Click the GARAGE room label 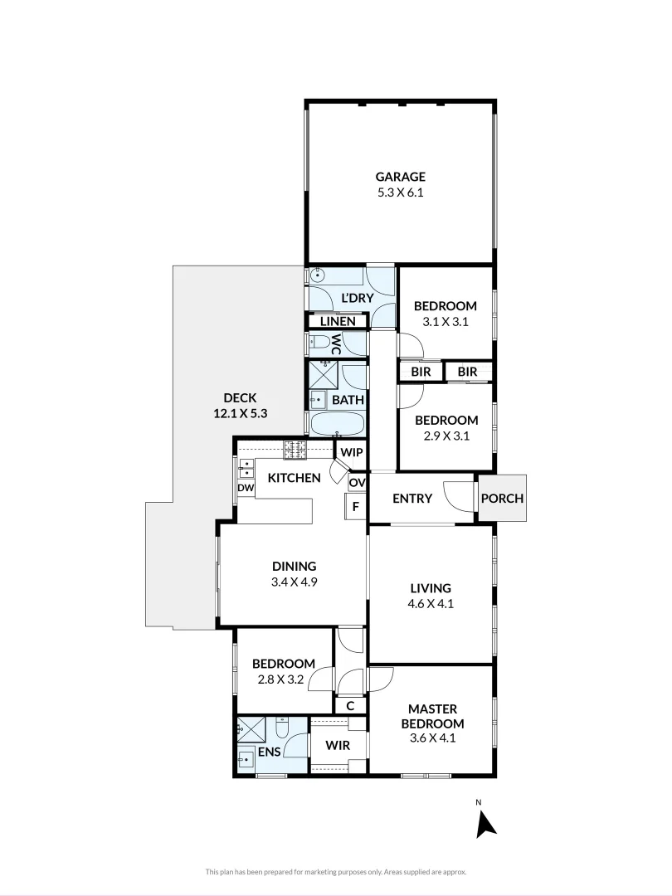click(401, 176)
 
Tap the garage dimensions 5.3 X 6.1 click(401, 192)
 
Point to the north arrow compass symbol click(485, 822)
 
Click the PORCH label click(502, 499)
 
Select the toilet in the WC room click(319, 343)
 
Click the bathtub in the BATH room click(337, 424)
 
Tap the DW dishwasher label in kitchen click(246, 489)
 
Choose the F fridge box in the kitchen click(355, 505)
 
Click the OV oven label click(357, 482)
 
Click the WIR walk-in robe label click(337, 746)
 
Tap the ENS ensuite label click(268, 752)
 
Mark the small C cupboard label click(350, 706)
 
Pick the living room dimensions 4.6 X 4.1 click(431, 604)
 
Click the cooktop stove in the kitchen click(295, 449)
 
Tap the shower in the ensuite click(251, 729)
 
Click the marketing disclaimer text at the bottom click(336, 872)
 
